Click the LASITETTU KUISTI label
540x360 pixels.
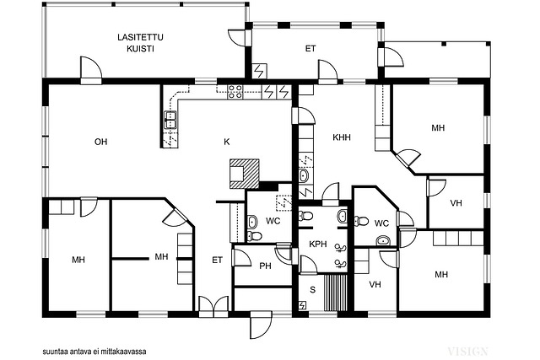tap(140, 43)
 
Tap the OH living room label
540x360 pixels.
tap(101, 142)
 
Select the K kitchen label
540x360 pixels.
tap(227, 142)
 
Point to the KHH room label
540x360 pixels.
tap(342, 137)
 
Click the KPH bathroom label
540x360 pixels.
tap(318, 244)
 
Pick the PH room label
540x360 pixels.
tap(265, 266)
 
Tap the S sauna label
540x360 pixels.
tap(313, 290)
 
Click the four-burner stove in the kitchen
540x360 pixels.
tap(235, 92)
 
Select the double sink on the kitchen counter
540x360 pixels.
tap(170, 120)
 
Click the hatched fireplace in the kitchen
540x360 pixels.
tap(244, 174)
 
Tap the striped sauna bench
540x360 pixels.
tap(335, 292)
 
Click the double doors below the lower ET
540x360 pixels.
tap(213, 307)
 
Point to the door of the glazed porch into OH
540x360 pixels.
tap(91, 70)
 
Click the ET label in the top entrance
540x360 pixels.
tap(310, 49)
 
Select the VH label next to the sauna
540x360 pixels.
tap(375, 285)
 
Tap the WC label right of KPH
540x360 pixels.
tap(381, 223)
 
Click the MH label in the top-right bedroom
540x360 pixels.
tap(438, 128)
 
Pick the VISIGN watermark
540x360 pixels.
tap(467, 352)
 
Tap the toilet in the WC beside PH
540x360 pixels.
tap(255, 236)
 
